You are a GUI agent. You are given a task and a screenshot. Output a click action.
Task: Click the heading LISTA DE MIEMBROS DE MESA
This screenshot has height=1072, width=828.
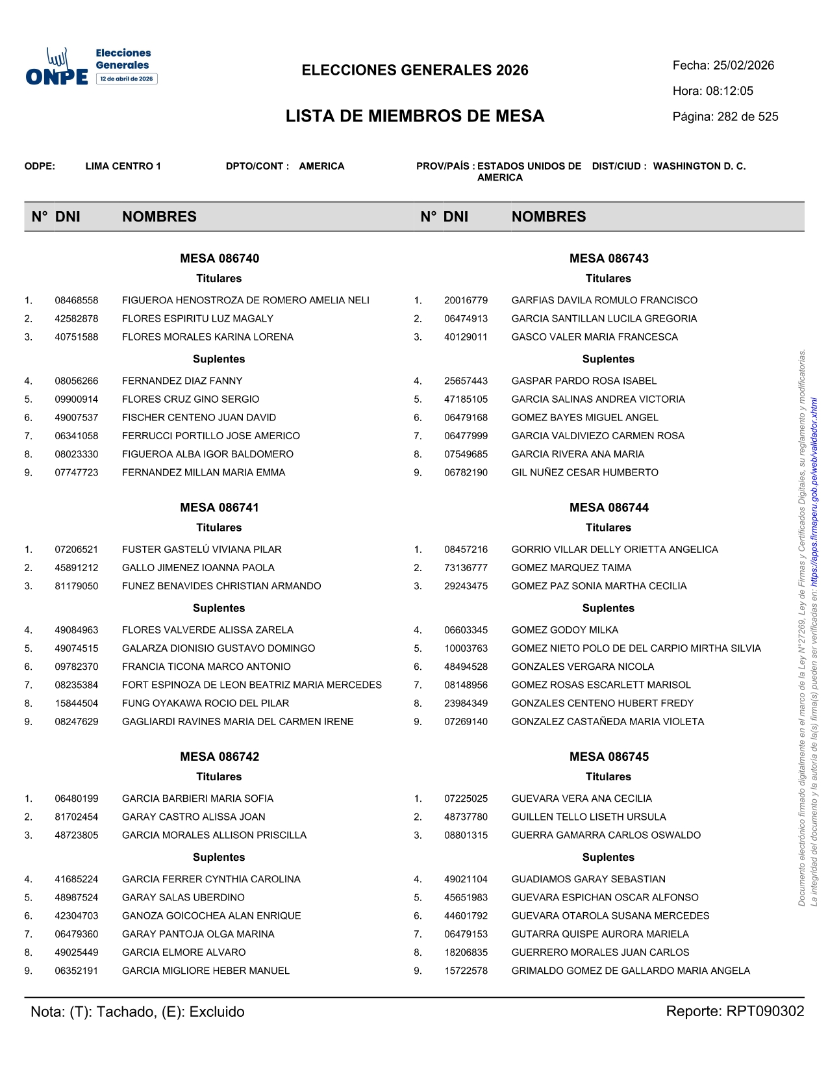pyautogui.click(x=415, y=116)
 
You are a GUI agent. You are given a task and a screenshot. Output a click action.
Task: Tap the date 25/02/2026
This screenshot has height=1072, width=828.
pyautogui.click(x=744, y=66)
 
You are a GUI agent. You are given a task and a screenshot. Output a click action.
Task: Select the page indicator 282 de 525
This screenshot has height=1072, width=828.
pyautogui.click(x=747, y=117)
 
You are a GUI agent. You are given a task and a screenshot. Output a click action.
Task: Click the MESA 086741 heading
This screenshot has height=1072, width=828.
pyautogui.click(x=220, y=507)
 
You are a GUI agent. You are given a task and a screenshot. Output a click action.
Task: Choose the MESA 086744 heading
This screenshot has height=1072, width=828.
pyautogui.click(x=608, y=507)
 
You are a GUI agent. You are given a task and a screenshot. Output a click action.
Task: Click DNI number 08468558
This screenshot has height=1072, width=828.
pyautogui.click(x=77, y=300)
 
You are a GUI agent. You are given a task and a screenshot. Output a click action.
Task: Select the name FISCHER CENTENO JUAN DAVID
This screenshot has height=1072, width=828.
pyautogui.click(x=199, y=418)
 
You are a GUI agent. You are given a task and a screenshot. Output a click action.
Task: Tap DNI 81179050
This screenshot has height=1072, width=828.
pyautogui.click(x=77, y=586)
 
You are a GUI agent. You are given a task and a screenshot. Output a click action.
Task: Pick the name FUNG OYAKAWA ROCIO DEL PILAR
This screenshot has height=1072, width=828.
pyautogui.click(x=205, y=703)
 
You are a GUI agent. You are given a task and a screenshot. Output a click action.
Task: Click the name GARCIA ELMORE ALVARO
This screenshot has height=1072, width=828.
pyautogui.click(x=184, y=952)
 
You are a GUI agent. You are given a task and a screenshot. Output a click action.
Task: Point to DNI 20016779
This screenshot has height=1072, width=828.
pyautogui.click(x=466, y=300)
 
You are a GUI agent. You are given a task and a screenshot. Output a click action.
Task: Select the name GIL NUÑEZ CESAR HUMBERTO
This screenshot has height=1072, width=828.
pyautogui.click(x=584, y=472)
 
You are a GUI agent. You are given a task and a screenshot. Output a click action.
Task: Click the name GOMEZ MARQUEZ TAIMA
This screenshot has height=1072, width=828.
pyautogui.click(x=571, y=568)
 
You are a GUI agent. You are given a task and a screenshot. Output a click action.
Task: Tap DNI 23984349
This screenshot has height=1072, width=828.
pyautogui.click(x=466, y=703)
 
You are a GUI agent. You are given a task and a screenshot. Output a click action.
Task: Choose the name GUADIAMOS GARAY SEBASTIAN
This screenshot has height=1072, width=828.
pyautogui.click(x=588, y=879)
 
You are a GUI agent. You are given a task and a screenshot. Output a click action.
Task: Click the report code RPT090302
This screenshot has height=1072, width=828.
pyautogui.click(x=765, y=1012)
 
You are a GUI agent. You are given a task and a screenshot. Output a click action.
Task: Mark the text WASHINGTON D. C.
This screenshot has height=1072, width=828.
pyautogui.click(x=699, y=166)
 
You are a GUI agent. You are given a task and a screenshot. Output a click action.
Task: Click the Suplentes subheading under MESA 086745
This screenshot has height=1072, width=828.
pyautogui.click(x=608, y=857)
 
